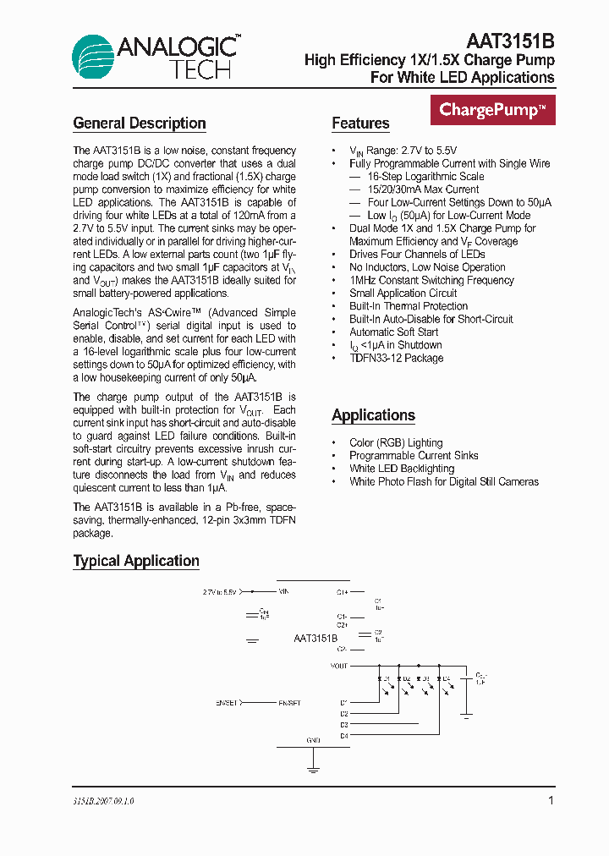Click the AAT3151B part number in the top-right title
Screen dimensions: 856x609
coord(510,41)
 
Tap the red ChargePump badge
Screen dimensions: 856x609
coord(492,110)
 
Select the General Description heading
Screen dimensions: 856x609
coord(140,123)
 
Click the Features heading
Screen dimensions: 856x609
coord(360,123)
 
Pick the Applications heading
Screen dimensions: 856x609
coord(373,415)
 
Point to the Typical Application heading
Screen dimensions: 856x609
coord(136,561)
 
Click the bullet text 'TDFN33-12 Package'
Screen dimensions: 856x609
coord(396,358)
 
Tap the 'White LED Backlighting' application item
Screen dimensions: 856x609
coord(402,469)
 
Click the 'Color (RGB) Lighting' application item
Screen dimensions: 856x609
coord(396,442)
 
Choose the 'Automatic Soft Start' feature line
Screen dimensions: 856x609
coord(393,332)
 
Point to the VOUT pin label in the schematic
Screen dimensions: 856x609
coord(339,666)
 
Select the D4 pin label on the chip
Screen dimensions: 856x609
coord(344,736)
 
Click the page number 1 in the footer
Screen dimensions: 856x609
coord(551,800)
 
